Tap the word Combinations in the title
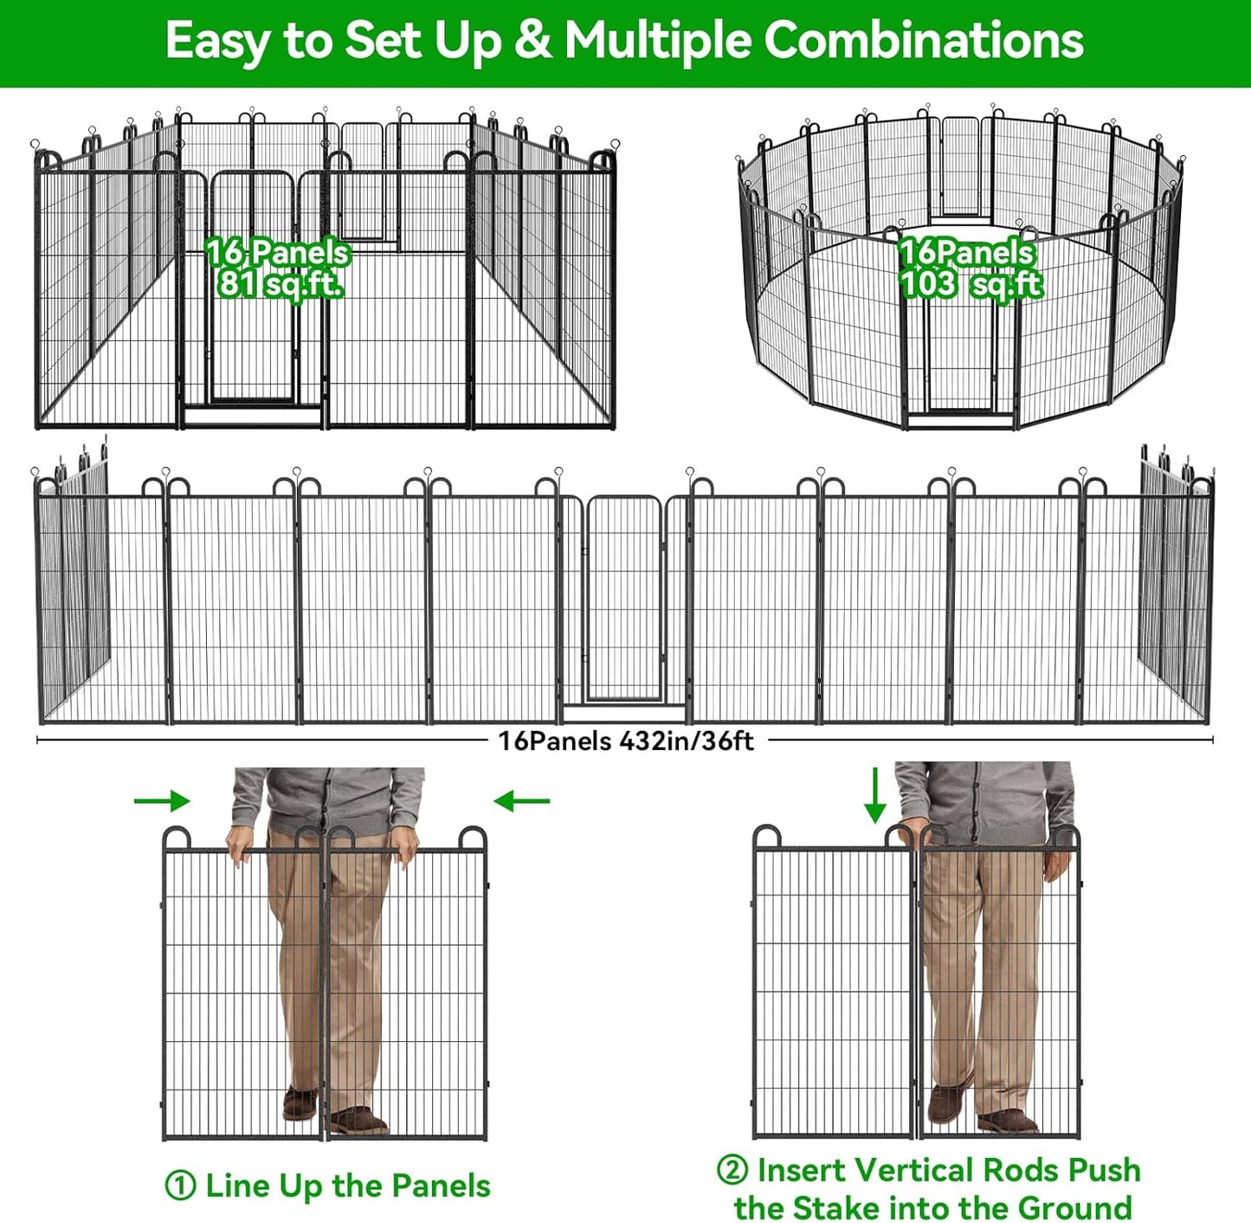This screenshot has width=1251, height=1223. point(923,41)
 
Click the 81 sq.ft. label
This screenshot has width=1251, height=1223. point(279,283)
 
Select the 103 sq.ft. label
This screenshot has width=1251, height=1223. point(970,283)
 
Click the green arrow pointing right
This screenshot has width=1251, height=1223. point(162,800)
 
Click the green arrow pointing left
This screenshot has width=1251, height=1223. point(521,801)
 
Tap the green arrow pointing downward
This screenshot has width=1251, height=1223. point(874,794)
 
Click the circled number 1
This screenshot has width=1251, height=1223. point(180,1186)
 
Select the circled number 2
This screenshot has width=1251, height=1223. point(732,1170)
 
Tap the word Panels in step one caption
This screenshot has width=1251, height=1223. point(441,1186)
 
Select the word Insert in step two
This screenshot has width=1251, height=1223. point(802,1170)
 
